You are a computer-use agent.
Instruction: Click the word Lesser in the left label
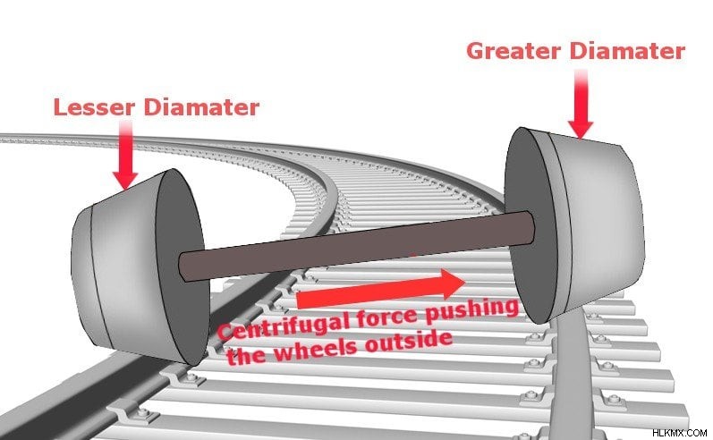[94, 107]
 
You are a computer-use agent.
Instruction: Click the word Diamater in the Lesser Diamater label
[201, 107]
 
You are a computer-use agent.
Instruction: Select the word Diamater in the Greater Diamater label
[625, 50]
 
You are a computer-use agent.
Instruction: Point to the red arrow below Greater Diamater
[581, 104]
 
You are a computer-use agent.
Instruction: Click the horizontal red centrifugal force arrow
[380, 290]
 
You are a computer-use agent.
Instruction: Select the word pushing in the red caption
[472, 309]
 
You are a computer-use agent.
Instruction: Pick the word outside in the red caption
[408, 339]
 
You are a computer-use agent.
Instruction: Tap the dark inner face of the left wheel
[181, 267]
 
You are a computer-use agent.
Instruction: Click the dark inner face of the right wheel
[531, 226]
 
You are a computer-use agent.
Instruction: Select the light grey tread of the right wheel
[598, 223]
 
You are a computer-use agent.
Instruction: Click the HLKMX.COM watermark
[679, 433]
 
